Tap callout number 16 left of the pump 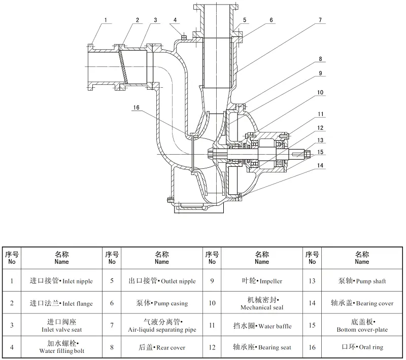[136, 107]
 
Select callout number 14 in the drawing [320, 165]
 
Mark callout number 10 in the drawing [320, 92]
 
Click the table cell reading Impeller [262, 281]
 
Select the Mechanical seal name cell [262, 303]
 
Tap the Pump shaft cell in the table [362, 281]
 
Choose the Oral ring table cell [362, 347]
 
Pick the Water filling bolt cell [62, 347]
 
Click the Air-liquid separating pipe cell [162, 326]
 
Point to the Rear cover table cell [162, 347]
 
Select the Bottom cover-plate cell [362, 326]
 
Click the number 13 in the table [312, 281]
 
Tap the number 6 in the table [112, 303]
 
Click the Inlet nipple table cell [62, 281]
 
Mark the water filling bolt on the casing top [183, 35]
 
